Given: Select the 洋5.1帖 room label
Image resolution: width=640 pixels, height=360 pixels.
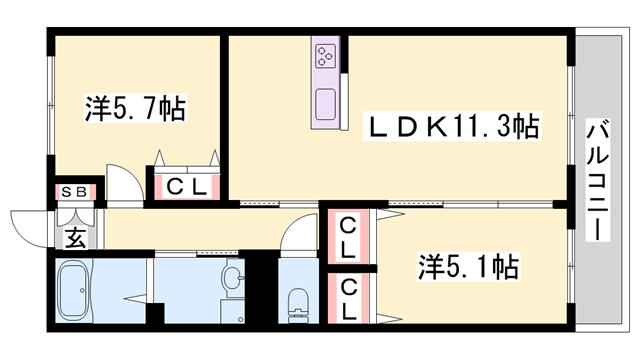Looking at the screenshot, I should point(467,267).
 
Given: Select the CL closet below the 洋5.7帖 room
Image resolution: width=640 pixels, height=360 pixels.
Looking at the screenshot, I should point(186,185).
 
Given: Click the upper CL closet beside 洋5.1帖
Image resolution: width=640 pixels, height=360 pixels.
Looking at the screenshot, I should point(346,236).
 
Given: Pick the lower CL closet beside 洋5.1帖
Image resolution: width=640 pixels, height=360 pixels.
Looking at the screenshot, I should point(346,296).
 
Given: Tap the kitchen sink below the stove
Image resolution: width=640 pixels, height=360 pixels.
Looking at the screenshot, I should point(326,103).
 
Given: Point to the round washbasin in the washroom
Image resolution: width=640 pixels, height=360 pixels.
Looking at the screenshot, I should point(232,278).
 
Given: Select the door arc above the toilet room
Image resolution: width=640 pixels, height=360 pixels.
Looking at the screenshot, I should point(298,235).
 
